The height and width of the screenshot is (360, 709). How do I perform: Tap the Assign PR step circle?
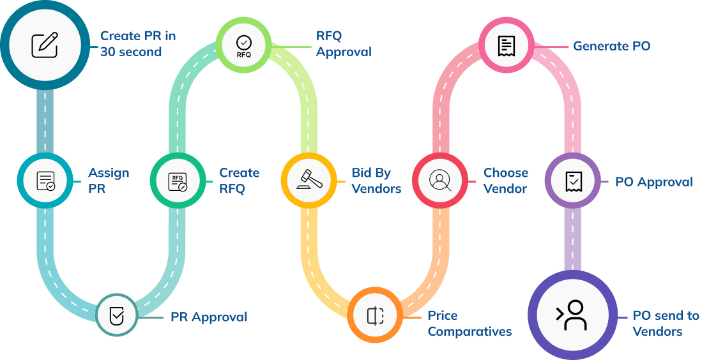pyautogui.click(x=45, y=181)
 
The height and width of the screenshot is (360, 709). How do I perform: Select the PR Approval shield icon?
pyautogui.click(x=118, y=315)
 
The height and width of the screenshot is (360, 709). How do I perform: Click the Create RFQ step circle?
pyautogui.click(x=177, y=181)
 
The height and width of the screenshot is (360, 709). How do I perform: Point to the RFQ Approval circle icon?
pyautogui.click(x=244, y=44)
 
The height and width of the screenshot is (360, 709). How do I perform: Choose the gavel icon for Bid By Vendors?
pyautogui.click(x=309, y=181)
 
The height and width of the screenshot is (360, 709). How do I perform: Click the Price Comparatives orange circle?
pyautogui.click(x=375, y=315)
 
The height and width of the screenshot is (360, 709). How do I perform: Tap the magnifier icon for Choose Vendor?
pyautogui.click(x=440, y=181)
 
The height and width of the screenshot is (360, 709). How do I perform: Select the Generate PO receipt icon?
pyautogui.click(x=506, y=45)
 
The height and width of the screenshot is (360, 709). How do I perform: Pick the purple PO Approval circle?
pyautogui.click(x=572, y=181)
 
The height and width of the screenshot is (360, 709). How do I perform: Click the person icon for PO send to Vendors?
pyautogui.click(x=572, y=315)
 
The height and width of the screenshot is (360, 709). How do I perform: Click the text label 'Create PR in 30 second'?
pyautogui.click(x=137, y=44)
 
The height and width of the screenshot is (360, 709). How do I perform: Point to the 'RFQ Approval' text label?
pyautogui.click(x=344, y=44)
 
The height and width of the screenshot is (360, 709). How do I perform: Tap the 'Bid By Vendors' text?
pyautogui.click(x=376, y=181)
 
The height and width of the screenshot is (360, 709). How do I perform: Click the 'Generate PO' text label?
pyautogui.click(x=611, y=46)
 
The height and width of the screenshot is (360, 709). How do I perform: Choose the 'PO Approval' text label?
pyautogui.click(x=653, y=182)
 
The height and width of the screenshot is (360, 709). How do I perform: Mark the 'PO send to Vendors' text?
pyautogui.click(x=666, y=324)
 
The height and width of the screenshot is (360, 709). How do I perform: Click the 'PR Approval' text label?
pyautogui.click(x=208, y=317)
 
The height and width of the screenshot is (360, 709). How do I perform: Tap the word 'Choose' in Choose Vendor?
pyautogui.click(x=505, y=173)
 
